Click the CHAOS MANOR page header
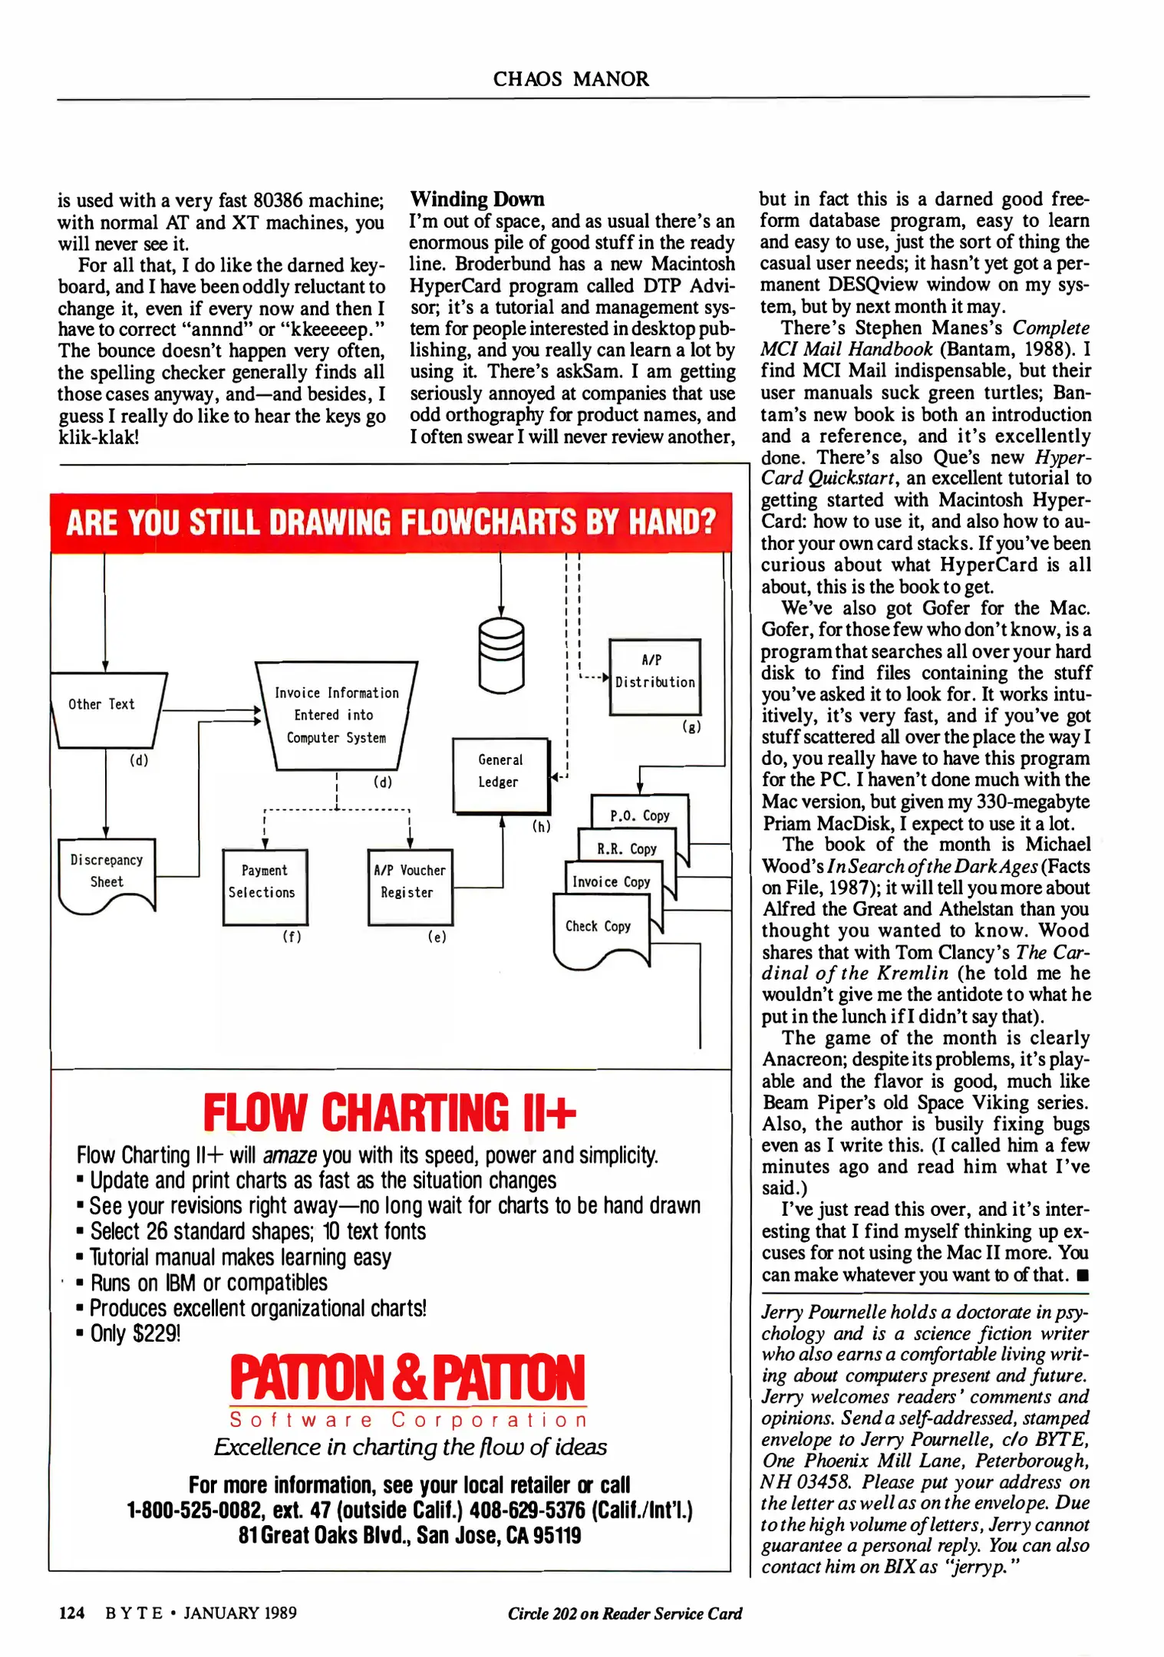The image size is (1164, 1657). coord(571,79)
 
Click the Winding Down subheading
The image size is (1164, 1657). coord(476,199)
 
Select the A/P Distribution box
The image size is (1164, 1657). coord(655,676)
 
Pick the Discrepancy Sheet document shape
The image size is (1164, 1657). coord(107,873)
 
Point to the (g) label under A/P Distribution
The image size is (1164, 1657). coord(691,727)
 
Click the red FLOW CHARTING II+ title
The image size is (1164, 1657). coord(389,1112)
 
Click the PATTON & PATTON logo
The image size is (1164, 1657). coord(407,1378)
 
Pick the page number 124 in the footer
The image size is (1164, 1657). coord(71,1613)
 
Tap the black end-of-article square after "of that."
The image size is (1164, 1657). coord(1082,1276)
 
